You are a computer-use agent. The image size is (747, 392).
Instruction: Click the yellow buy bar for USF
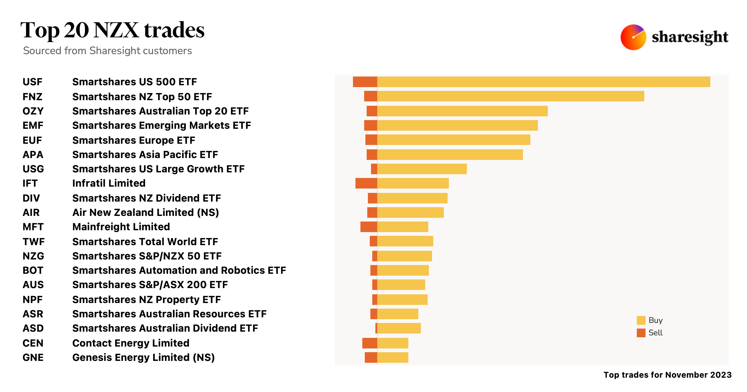tap(543, 82)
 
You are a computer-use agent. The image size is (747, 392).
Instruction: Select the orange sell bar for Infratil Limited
tap(366, 183)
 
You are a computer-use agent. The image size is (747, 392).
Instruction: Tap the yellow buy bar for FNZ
tap(510, 96)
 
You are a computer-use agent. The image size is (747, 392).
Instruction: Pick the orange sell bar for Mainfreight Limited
tap(369, 227)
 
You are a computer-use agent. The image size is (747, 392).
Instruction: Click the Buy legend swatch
tap(641, 320)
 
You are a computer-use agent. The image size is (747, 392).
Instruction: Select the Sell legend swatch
tap(641, 333)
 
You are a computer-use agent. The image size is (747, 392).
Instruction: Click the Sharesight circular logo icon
tap(633, 37)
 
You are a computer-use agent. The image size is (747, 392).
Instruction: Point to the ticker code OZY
tap(33, 111)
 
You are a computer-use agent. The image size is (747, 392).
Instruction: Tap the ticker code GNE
tap(33, 357)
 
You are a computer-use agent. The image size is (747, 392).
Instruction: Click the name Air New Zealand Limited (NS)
tap(146, 212)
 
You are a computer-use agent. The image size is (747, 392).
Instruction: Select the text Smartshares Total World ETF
tap(145, 242)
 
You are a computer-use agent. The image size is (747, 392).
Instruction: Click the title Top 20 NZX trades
tap(112, 30)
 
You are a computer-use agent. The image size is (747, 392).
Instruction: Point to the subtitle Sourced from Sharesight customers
tap(107, 51)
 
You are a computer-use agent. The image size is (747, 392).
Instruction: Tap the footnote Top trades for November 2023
tap(667, 375)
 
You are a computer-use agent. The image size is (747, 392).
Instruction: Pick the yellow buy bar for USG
tap(422, 169)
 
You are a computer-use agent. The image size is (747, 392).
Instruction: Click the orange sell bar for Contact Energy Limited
tap(369, 343)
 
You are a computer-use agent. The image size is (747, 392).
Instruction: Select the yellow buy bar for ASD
tap(399, 328)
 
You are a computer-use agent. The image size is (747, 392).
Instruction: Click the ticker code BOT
tap(33, 270)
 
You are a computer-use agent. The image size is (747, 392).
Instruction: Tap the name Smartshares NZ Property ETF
tap(146, 300)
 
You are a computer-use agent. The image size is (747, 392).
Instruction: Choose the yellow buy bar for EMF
tap(457, 125)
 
